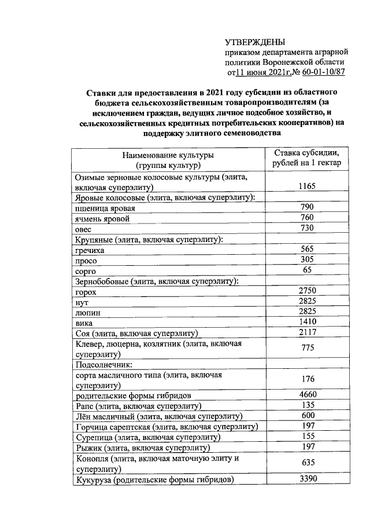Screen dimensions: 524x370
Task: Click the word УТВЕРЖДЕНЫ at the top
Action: point(254,42)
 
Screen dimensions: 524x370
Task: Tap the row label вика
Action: point(84,323)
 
